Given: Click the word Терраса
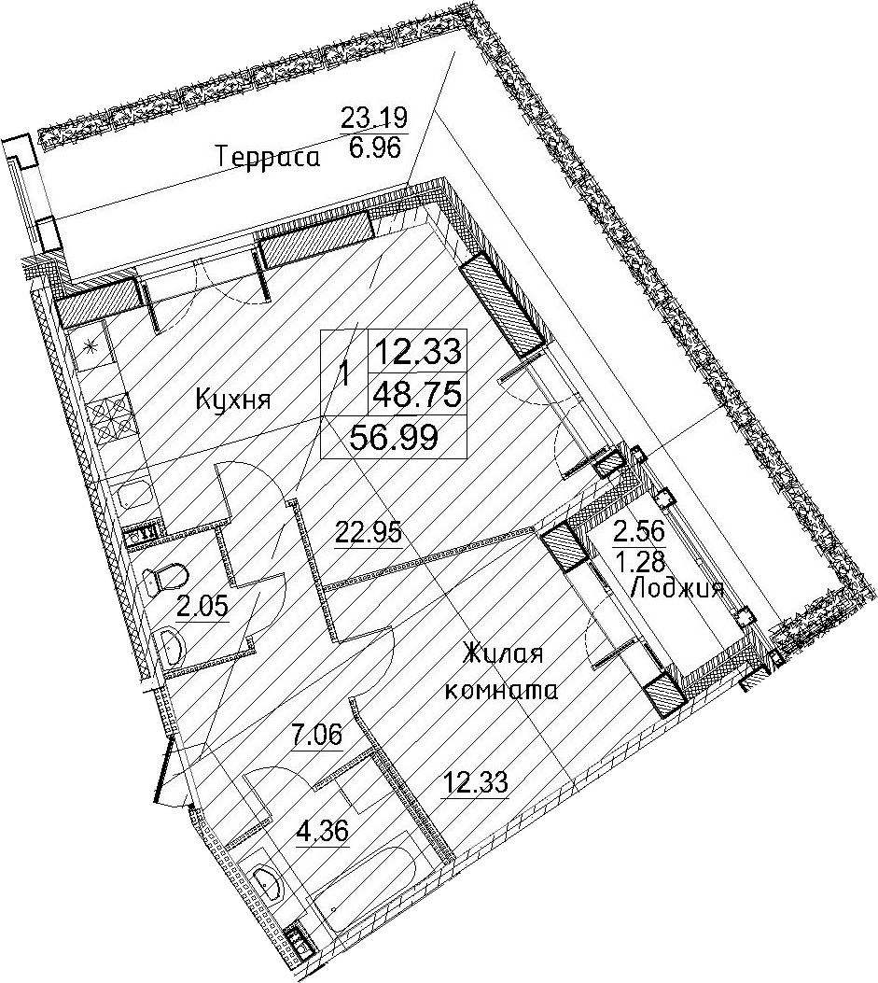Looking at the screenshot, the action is tap(268, 156).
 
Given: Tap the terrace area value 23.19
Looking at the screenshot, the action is tap(374, 118).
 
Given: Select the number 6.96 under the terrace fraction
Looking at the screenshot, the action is tap(375, 149).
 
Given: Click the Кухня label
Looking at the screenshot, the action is tap(233, 399).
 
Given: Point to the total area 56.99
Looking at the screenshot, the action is tap(394, 437).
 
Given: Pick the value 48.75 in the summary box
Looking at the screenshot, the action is tap(417, 394).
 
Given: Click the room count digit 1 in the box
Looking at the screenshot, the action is tap(344, 374).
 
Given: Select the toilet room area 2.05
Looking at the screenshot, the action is tap(202, 606).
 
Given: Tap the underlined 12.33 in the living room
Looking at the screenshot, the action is tap(474, 783).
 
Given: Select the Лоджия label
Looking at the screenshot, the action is tap(677, 589).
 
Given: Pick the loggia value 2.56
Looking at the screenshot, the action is tap(639, 532).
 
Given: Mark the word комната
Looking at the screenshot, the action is tap(500, 690).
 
